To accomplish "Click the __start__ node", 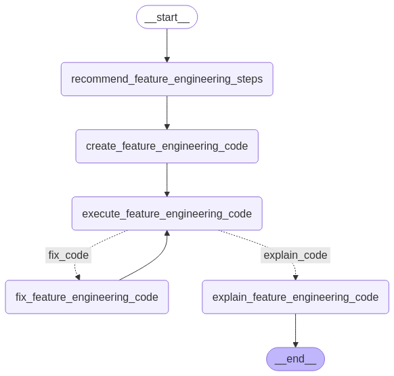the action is (167, 17).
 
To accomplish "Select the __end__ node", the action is (295, 359).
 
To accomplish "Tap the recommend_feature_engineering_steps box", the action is (167, 79).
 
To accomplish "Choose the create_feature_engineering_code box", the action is (167, 146).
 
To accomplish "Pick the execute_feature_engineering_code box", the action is (167, 213).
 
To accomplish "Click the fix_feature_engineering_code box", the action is (87, 297).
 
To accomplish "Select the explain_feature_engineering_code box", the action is (295, 297).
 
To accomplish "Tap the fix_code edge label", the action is (68, 255).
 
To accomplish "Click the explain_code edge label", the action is (295, 255).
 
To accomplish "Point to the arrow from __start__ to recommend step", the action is (167, 45).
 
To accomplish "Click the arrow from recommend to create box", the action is (167, 112).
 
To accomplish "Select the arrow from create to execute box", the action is (167, 180).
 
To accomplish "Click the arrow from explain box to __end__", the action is (295, 331).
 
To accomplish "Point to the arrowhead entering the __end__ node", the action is (295, 345).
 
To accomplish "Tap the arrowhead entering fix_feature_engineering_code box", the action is (78, 277).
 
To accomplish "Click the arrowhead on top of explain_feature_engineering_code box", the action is (295, 277).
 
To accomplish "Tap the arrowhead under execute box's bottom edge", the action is (167, 233).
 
